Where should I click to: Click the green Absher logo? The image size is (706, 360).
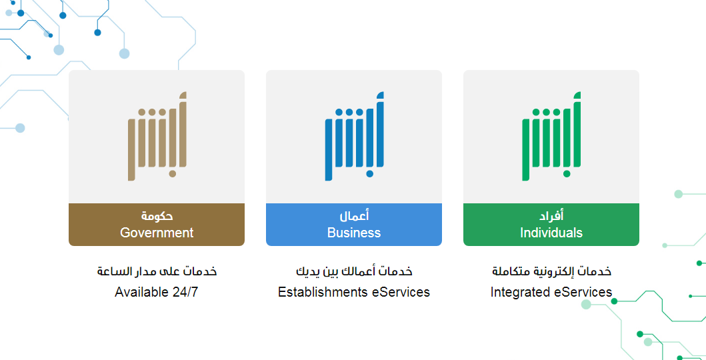click(x=551, y=137)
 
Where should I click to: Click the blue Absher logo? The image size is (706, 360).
click(x=355, y=137)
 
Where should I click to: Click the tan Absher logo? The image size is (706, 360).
click(x=157, y=137)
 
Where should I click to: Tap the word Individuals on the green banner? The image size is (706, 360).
click(x=551, y=233)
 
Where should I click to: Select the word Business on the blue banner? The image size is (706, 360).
click(x=354, y=233)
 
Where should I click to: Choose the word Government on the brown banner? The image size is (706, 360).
click(x=157, y=233)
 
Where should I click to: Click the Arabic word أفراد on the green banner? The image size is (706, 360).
click(x=551, y=216)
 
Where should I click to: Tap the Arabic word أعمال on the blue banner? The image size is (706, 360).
click(x=354, y=216)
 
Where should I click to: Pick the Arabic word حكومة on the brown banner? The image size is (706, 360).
click(x=157, y=216)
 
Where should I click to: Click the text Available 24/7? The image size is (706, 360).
click(x=156, y=292)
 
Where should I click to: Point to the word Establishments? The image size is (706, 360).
click(x=323, y=292)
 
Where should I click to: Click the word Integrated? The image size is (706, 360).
click(x=518, y=292)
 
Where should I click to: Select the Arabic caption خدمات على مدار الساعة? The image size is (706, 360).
click(x=157, y=271)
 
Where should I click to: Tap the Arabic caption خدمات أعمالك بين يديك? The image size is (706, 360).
click(x=354, y=271)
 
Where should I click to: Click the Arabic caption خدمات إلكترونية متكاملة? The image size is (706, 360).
click(x=551, y=271)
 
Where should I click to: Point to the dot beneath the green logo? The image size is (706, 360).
click(x=567, y=174)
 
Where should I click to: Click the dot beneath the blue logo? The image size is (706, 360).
click(x=369, y=174)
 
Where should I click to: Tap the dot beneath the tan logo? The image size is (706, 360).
click(x=172, y=174)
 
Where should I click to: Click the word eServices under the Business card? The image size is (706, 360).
click(x=401, y=292)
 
